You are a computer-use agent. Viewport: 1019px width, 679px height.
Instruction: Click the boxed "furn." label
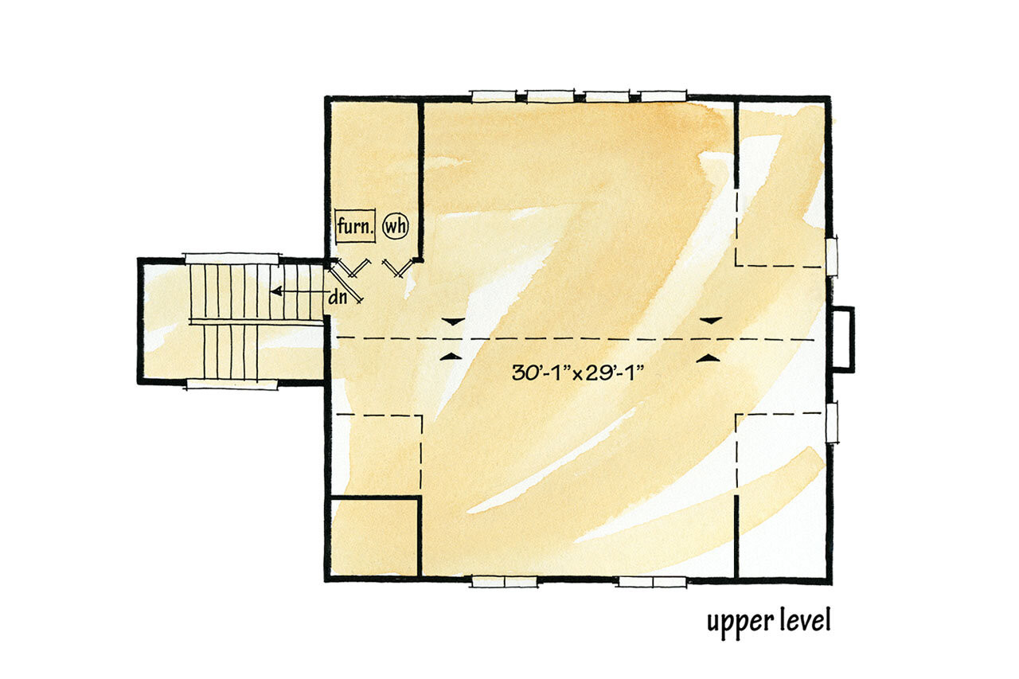coord(355,227)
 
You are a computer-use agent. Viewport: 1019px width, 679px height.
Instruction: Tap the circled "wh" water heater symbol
coord(396,226)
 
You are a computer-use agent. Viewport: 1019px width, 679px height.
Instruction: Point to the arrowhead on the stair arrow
coord(275,292)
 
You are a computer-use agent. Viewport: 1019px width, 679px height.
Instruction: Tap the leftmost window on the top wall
coord(494,96)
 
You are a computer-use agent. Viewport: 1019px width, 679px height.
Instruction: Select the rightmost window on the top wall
coord(663,96)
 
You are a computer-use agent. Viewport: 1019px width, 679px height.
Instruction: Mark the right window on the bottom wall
coord(653,582)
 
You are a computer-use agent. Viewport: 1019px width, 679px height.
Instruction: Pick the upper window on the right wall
coord(832,256)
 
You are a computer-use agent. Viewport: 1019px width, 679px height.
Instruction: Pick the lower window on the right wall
coord(832,422)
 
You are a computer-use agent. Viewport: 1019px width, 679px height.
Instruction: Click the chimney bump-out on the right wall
coord(843,338)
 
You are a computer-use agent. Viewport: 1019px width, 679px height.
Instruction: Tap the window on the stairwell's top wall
coord(232,258)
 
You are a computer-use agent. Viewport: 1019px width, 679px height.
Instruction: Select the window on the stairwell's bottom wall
coord(232,384)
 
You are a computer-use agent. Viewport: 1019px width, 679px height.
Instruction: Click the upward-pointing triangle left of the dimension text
coord(451,357)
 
